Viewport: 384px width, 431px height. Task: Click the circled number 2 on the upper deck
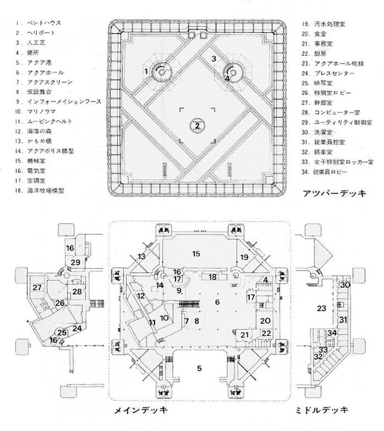[198, 125]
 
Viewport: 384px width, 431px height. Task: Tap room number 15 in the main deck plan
[196, 254]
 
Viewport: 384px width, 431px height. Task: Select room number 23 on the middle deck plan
[321, 308]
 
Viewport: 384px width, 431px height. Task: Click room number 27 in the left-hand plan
[37, 288]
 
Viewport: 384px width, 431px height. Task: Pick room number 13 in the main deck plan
[141, 256]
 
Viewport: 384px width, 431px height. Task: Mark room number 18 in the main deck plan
[214, 277]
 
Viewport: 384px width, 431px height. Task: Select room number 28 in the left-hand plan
[76, 291]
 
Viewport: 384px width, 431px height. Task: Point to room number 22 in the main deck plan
[267, 333]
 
